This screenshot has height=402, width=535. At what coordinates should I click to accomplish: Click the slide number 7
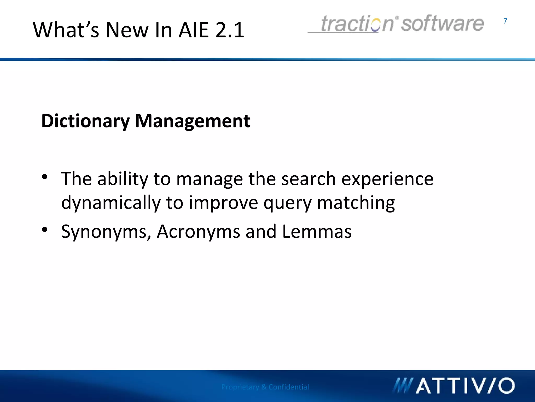coord(505,21)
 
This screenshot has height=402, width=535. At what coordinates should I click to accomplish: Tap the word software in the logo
coord(442,24)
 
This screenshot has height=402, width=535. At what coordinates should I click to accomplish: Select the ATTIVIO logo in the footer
coord(454,386)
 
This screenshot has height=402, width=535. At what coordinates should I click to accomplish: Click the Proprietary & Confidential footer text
coord(265,387)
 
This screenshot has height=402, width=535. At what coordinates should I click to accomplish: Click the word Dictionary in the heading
coord(85,121)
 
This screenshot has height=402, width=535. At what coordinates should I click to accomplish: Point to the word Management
coord(193,121)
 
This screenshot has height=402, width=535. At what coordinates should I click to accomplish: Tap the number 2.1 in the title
coord(230,30)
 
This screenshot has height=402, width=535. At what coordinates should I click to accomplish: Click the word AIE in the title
coord(194,30)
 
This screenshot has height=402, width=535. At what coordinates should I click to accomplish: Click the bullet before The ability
coord(45,177)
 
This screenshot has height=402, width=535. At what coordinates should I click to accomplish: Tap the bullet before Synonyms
coord(45,230)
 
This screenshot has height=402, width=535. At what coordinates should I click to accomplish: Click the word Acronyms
coord(198,231)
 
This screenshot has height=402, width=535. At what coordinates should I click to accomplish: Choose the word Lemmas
coord(317,231)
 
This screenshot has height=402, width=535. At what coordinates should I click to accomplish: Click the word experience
coord(387,179)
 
